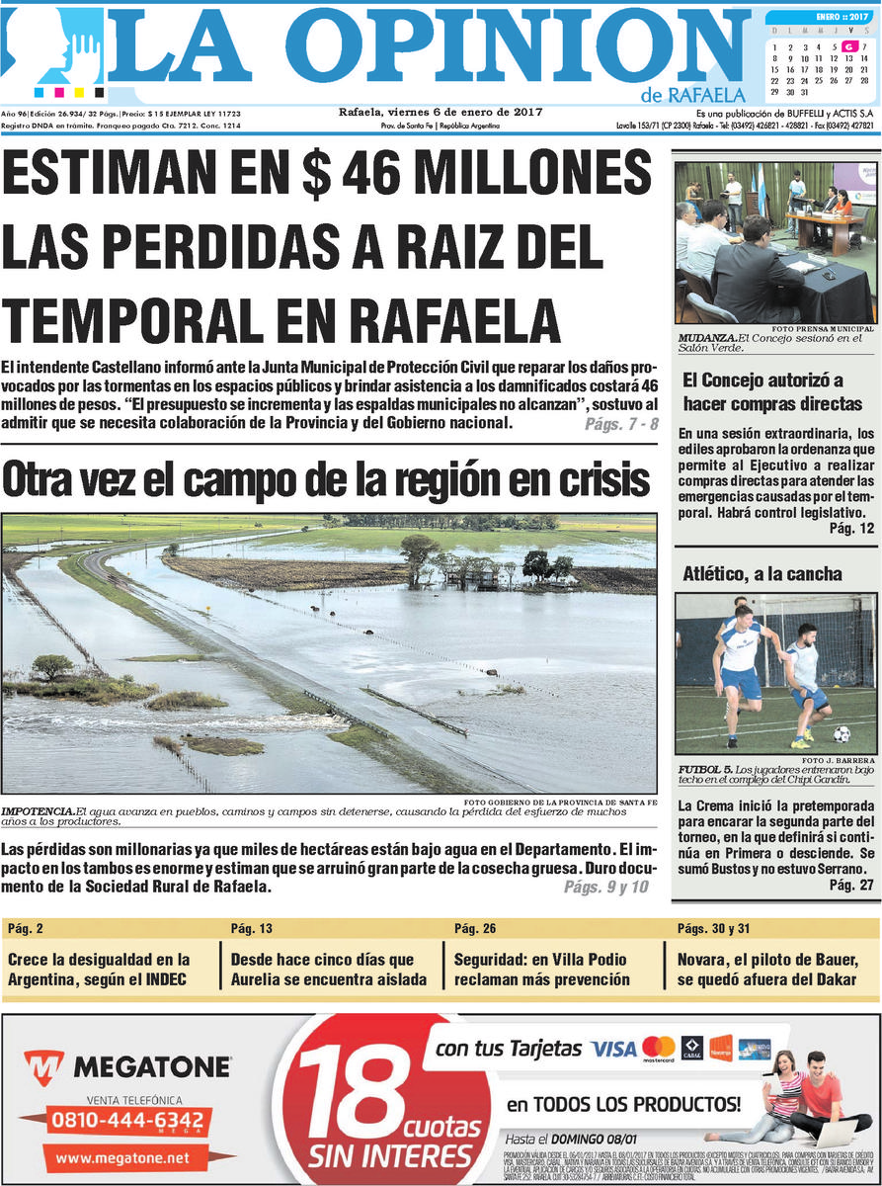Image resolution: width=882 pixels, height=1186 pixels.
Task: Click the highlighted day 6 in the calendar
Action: click(x=848, y=46)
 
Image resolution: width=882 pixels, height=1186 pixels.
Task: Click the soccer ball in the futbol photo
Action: click(x=841, y=734)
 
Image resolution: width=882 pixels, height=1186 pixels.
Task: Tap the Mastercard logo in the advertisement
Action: click(x=658, y=1047)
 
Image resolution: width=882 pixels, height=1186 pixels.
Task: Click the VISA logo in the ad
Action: click(x=612, y=1048)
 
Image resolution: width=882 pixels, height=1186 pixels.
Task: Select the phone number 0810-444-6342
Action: click(x=127, y=1121)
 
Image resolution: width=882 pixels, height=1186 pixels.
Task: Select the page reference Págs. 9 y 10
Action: click(x=606, y=888)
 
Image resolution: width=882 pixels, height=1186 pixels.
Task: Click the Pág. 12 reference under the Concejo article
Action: click(x=851, y=529)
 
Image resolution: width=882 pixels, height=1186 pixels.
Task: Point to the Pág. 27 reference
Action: click(x=851, y=884)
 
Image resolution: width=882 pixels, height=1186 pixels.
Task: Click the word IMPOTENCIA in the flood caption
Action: click(x=38, y=811)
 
